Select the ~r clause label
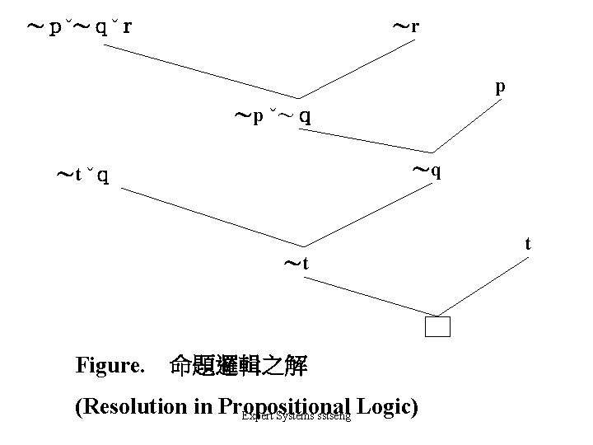[405, 26]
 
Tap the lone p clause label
[500, 87]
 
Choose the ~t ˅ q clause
[82, 175]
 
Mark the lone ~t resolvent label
[296, 264]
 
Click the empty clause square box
[438, 327]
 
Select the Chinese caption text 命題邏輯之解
[238, 366]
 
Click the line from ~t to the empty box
[367, 295]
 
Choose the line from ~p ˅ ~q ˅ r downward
[202, 70]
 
